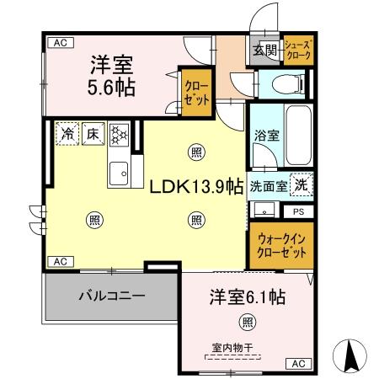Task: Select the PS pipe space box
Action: pos(298,212)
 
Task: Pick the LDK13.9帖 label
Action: pos(198,186)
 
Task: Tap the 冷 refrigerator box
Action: pos(67,133)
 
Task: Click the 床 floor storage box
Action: pos(92,133)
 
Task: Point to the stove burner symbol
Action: pos(118,133)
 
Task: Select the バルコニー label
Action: pos(112,296)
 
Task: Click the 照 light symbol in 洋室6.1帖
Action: pos(246,321)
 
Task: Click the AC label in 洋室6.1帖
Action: pos(297,364)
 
